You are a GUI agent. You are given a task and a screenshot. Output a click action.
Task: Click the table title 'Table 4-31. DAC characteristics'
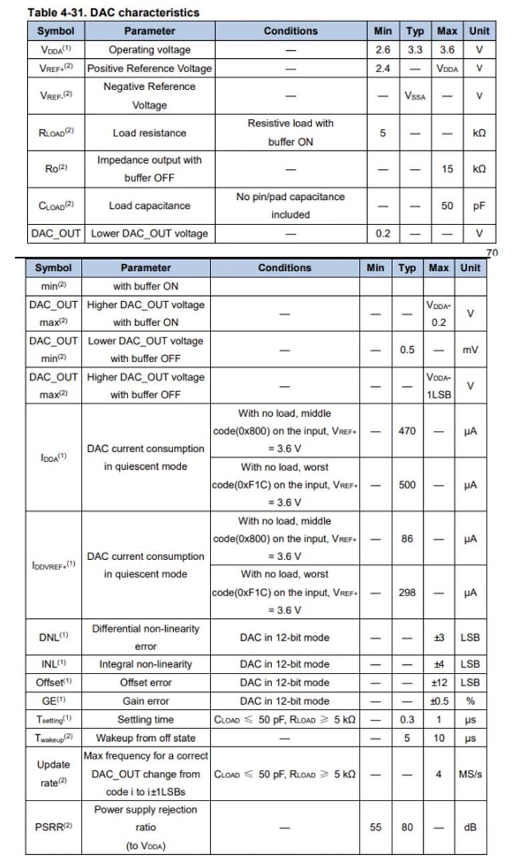(x=113, y=12)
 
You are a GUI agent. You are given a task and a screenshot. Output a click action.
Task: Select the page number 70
(x=492, y=253)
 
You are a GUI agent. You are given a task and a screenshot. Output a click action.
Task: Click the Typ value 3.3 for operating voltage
(x=415, y=49)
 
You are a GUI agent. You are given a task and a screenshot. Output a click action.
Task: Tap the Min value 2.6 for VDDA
(x=382, y=49)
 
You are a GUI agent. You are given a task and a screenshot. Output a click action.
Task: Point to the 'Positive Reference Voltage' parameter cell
(x=149, y=68)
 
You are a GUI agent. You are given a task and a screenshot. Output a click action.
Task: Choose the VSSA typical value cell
(x=415, y=96)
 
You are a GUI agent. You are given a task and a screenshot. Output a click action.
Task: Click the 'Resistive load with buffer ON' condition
(x=290, y=132)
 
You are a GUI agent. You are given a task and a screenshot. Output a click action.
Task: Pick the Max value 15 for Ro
(x=447, y=169)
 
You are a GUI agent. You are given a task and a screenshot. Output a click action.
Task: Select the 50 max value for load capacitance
(x=447, y=206)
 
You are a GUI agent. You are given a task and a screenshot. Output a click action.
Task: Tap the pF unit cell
(x=479, y=206)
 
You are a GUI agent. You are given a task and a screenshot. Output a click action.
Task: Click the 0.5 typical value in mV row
(x=407, y=349)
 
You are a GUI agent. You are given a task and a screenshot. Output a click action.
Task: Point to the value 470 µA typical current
(x=407, y=431)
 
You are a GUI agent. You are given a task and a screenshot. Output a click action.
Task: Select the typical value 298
(x=407, y=592)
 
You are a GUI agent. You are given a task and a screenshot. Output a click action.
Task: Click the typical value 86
(x=407, y=539)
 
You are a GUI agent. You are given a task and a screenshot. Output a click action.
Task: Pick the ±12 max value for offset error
(x=439, y=682)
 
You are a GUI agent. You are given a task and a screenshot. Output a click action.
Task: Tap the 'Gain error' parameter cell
(x=146, y=701)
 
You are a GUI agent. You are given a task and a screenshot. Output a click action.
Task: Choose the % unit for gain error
(x=471, y=701)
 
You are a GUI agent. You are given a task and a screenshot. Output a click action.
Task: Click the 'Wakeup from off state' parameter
(x=146, y=738)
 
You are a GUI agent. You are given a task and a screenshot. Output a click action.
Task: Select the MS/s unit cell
(x=471, y=774)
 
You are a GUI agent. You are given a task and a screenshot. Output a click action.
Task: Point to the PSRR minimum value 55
(x=376, y=827)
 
